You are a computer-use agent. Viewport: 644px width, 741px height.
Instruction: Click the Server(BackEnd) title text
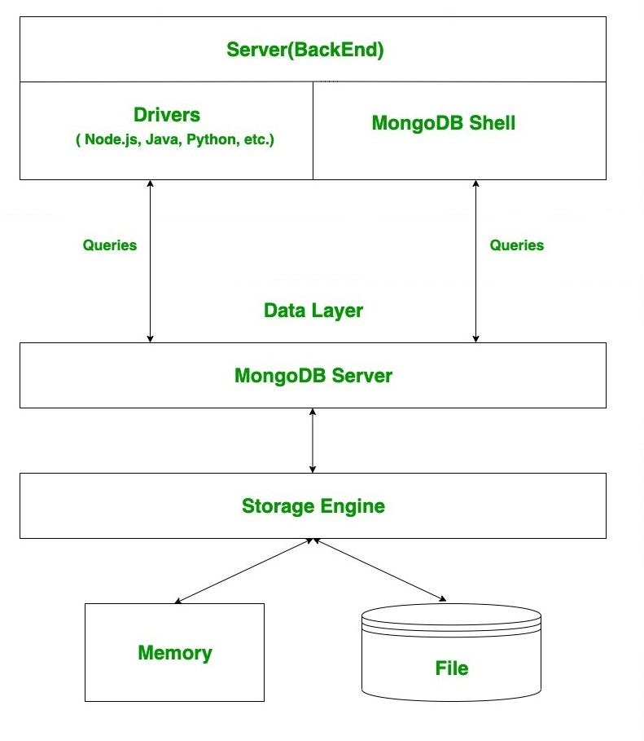(304, 50)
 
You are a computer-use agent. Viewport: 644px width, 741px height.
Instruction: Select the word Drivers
(166, 115)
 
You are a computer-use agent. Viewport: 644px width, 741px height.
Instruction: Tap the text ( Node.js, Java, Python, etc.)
(174, 139)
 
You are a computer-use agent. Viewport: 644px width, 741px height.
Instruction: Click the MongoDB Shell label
(443, 123)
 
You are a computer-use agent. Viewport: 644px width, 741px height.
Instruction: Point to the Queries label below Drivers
(110, 245)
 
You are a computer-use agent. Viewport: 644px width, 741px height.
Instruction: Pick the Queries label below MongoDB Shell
(516, 245)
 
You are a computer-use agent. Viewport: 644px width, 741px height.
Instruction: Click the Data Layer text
(313, 310)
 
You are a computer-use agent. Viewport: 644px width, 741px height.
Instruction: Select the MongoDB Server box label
(313, 376)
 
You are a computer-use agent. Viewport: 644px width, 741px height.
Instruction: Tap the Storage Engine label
(313, 505)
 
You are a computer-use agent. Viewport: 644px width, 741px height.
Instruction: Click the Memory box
(174, 652)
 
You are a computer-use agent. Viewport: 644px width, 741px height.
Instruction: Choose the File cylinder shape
(451, 652)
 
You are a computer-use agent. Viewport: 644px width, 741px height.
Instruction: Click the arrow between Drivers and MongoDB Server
(150, 261)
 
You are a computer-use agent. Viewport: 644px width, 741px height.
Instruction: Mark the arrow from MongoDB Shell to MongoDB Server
(475, 261)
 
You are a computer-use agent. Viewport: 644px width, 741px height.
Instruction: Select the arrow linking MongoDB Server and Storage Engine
(313, 440)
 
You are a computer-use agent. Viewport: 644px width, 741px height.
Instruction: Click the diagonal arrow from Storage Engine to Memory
(243, 571)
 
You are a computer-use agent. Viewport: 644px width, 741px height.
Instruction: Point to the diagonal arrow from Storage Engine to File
(379, 570)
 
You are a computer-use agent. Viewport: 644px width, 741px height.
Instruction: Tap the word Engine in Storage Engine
(352, 505)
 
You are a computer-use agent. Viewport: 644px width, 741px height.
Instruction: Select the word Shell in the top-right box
(491, 123)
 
